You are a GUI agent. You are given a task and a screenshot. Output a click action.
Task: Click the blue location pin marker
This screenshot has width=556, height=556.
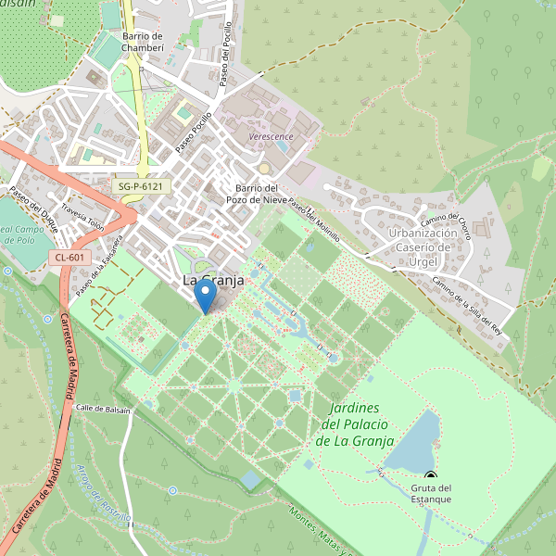[206, 296]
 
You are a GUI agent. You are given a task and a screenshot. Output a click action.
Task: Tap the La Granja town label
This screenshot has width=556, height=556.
[212, 280]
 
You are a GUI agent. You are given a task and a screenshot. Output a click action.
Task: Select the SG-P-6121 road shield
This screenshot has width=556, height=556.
[143, 186]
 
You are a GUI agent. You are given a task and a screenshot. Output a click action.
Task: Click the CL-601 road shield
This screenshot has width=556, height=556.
[69, 258]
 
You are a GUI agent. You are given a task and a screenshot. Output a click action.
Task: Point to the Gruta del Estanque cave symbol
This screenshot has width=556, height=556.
[430, 476]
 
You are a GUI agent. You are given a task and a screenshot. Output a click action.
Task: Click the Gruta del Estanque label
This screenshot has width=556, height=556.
[431, 494]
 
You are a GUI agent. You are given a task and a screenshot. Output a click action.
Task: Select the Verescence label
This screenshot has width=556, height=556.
[271, 136]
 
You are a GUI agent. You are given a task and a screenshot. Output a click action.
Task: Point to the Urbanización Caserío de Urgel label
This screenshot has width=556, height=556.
[423, 246]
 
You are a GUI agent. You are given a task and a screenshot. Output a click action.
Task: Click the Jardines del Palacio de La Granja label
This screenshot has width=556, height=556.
[355, 424]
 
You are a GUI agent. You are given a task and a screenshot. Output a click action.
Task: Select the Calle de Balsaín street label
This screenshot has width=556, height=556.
[101, 408]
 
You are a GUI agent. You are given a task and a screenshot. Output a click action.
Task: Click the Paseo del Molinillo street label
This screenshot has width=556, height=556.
[313, 220]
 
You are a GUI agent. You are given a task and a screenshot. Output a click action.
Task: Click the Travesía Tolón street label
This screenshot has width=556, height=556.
[82, 216]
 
